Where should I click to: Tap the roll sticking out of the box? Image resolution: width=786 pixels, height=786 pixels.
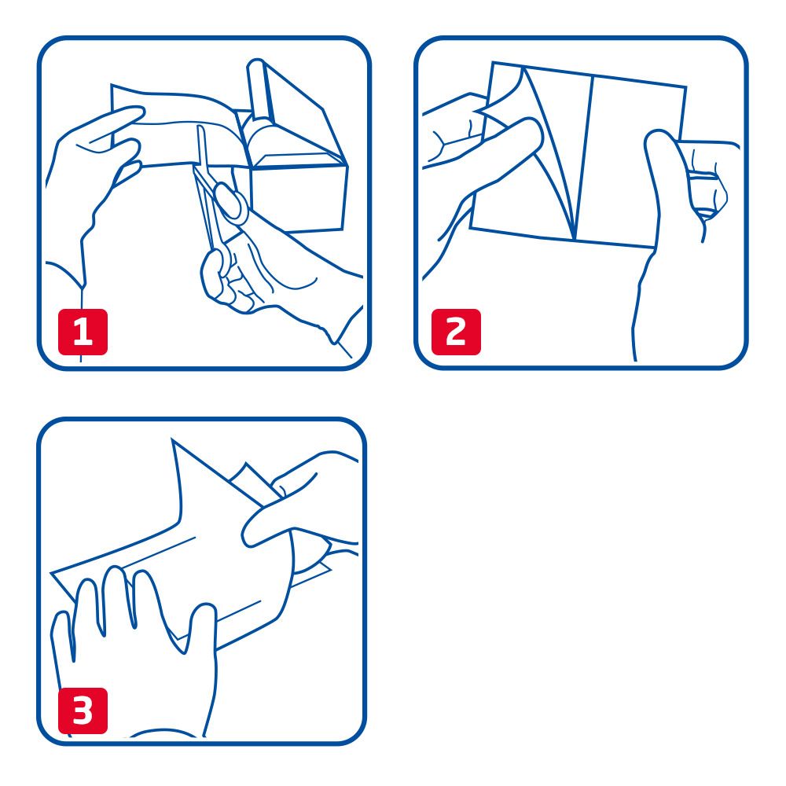[x=258, y=86]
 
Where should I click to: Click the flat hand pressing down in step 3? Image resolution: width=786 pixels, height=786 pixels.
[x=134, y=645]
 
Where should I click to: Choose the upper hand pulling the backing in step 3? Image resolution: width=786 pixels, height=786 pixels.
[x=307, y=503]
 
